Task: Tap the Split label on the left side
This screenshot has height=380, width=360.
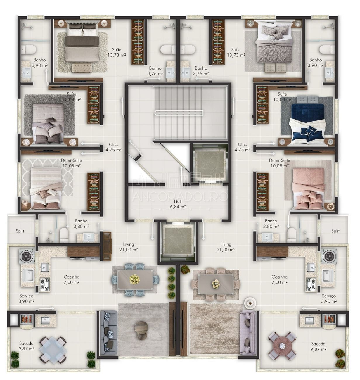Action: [20, 231]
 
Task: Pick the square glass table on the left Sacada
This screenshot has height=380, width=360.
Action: [53, 350]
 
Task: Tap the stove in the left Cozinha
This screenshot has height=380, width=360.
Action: [45, 284]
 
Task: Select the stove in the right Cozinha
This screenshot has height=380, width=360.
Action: [311, 284]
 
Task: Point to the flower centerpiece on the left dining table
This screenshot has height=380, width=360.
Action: [135, 279]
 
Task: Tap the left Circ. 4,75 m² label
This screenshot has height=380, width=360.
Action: [113, 147]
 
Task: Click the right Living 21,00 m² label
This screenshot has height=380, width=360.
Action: [226, 247]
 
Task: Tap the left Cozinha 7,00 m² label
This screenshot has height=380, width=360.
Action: [71, 279]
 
